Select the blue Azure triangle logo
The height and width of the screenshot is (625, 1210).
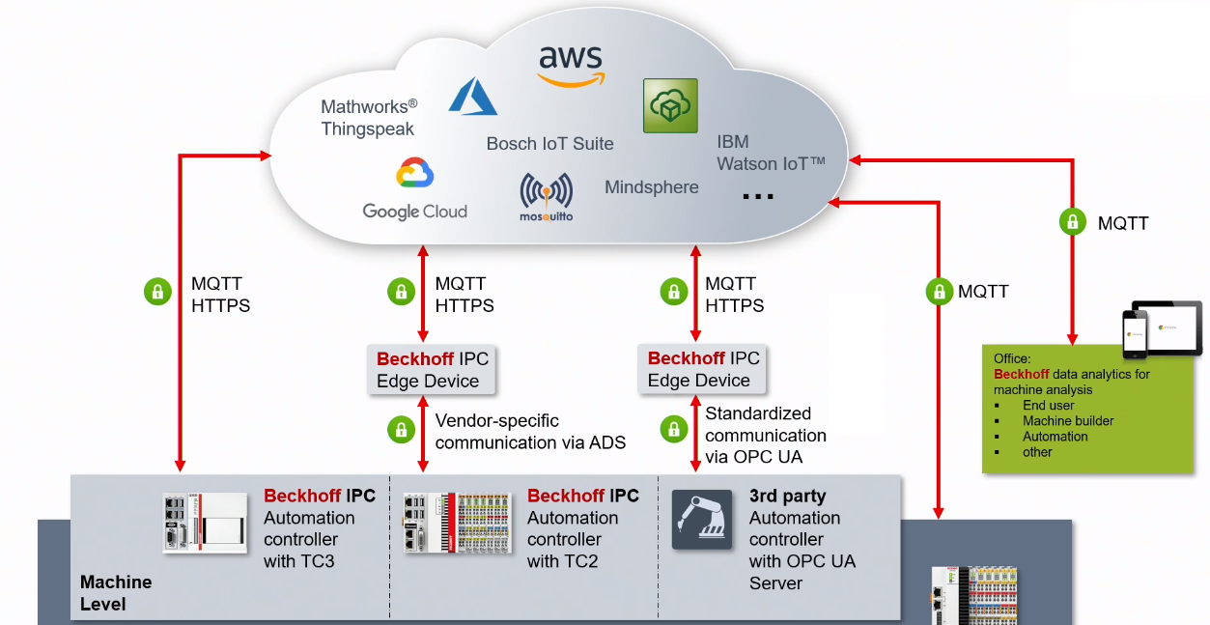click(x=473, y=97)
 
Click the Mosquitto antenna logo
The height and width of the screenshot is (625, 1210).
click(x=546, y=196)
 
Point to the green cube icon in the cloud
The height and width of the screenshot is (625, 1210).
click(x=670, y=106)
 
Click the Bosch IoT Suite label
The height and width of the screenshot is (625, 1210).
click(x=549, y=144)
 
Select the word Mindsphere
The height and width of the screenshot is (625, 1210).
click(x=651, y=187)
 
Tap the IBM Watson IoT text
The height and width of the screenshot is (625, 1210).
click(x=770, y=154)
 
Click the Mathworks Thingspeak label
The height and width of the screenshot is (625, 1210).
click(x=369, y=118)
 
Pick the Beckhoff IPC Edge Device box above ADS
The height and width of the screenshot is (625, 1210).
click(x=433, y=370)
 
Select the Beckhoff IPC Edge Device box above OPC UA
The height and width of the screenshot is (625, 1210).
click(x=703, y=370)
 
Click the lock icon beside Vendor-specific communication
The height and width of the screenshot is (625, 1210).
click(x=401, y=430)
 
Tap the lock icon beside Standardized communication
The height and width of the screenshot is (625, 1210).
click(x=673, y=430)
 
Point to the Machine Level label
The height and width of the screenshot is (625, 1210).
click(x=116, y=593)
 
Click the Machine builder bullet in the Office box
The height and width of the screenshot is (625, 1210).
click(x=1067, y=421)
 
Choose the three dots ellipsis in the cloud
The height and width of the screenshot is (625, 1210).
click(x=758, y=196)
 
